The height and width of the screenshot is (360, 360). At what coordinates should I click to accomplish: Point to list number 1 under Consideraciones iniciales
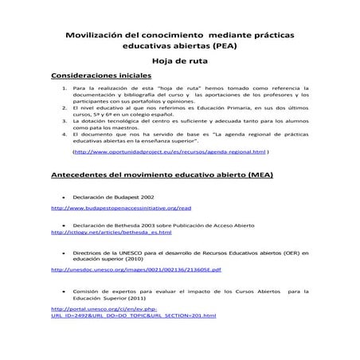pyautogui.click(x=64, y=89)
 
